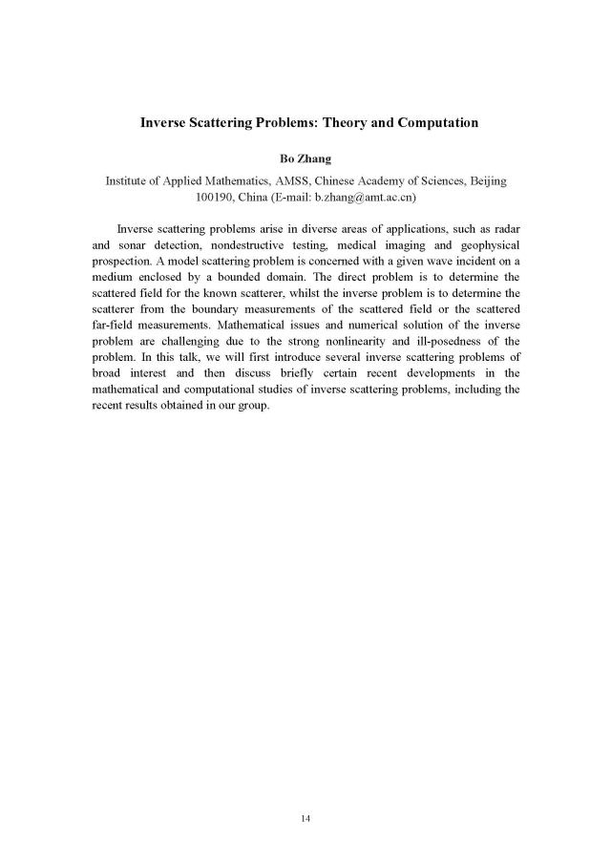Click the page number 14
point(305,818)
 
